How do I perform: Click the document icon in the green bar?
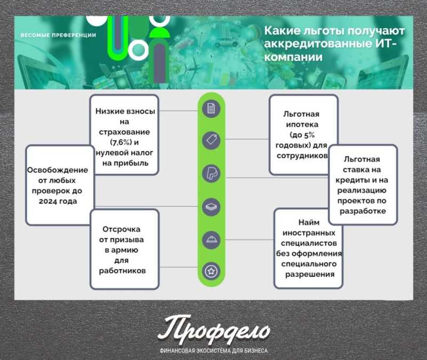coord(211,109)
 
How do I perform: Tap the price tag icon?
coord(211,140)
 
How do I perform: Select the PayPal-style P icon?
coord(211,174)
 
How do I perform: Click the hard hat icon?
coord(211,239)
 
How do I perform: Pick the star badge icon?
coord(211,271)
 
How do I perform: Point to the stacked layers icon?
coord(211,207)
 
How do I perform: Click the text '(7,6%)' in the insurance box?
coord(121,142)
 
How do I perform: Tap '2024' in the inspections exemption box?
coord(48,202)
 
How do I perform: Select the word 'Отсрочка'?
coord(122,229)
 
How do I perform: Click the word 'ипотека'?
coord(302,125)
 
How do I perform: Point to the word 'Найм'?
coord(309,222)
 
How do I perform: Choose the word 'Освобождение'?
coord(58,170)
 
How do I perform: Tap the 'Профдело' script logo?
coord(214,330)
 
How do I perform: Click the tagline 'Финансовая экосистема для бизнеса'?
coord(214,351)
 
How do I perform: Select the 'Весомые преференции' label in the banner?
coord(58,35)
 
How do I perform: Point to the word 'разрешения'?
coord(310,274)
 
